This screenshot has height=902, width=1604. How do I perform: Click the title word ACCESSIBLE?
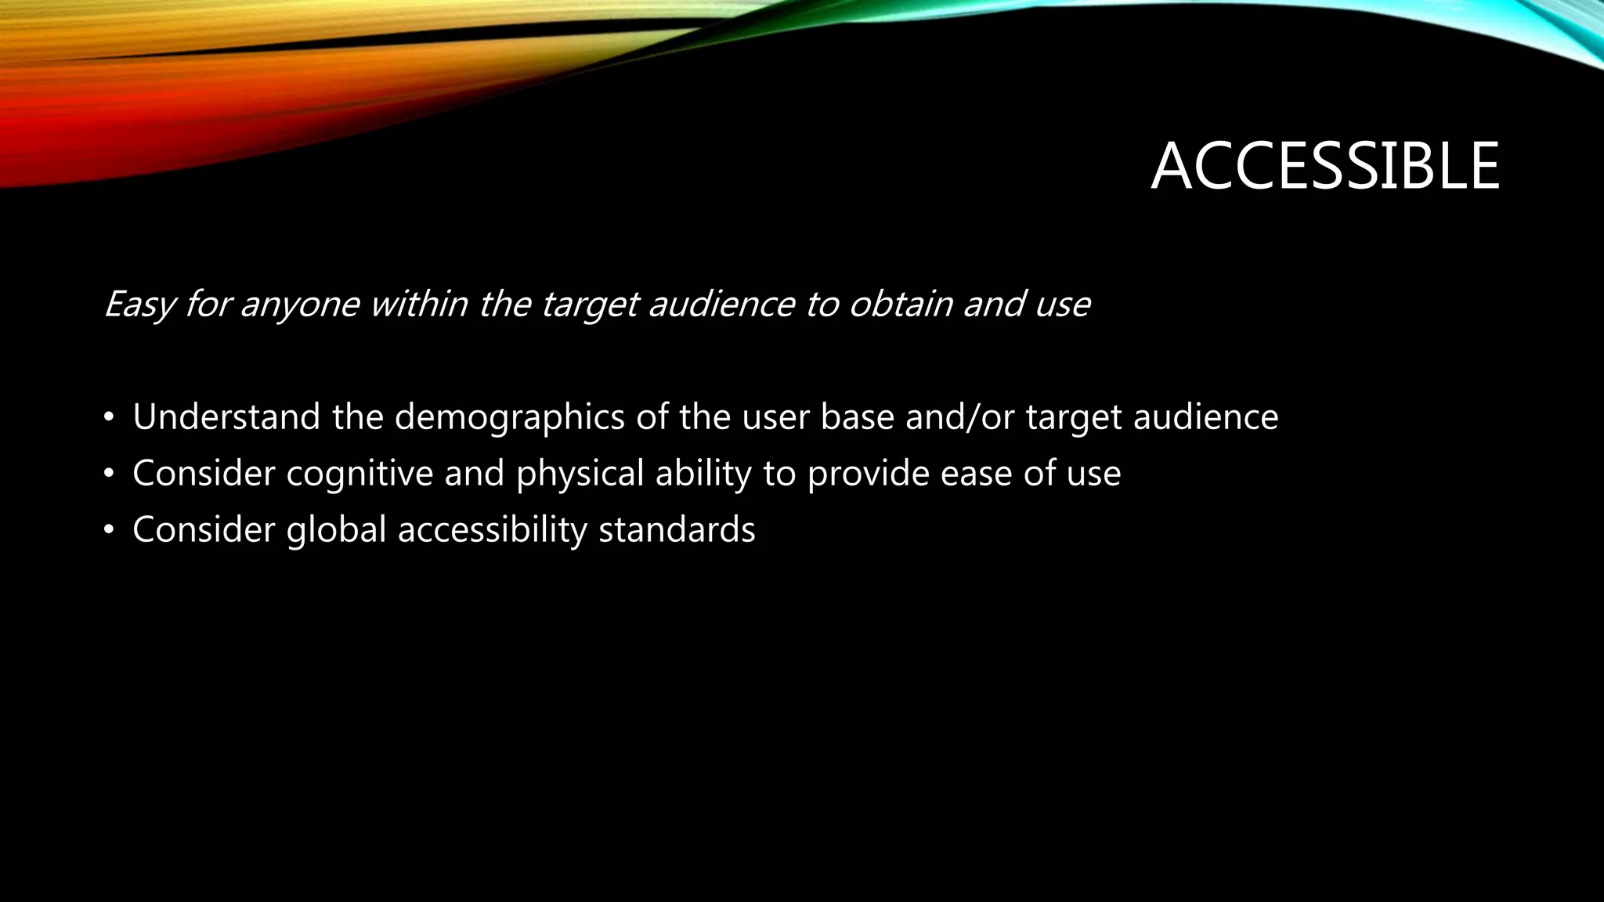tap(1324, 167)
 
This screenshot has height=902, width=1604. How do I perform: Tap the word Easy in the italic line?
tap(139, 305)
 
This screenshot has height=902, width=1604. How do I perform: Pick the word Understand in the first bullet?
tap(226, 417)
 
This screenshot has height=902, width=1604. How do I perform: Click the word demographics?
tap(509, 417)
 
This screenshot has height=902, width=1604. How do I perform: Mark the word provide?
tap(868, 474)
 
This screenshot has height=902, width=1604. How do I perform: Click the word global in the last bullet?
tap(336, 530)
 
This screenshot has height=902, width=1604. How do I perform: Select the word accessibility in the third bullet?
tap(492, 530)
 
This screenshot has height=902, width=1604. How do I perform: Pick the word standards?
tap(677, 530)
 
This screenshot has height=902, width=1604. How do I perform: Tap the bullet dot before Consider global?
tap(109, 531)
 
